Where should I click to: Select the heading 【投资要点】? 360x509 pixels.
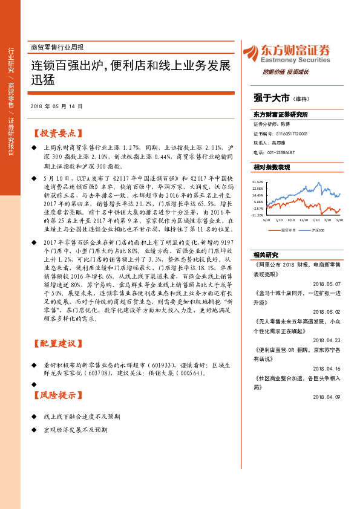point(56,134)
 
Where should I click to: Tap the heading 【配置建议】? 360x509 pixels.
point(56,344)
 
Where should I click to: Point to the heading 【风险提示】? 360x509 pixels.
point(56,396)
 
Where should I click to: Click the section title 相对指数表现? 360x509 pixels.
point(272,167)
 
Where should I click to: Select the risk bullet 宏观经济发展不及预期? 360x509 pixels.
point(76,430)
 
